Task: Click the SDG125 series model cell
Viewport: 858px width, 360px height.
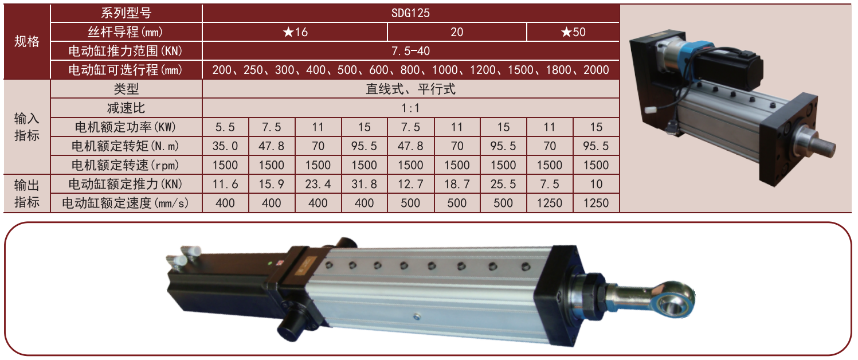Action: [x=410, y=13]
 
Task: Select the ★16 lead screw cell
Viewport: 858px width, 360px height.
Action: [x=295, y=32]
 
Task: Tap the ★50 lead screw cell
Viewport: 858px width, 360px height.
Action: [x=573, y=32]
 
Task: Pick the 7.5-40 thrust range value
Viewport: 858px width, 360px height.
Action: [x=410, y=51]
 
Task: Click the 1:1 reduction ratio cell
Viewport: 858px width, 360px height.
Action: [x=410, y=108]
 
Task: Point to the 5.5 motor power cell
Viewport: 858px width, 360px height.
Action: [x=225, y=127]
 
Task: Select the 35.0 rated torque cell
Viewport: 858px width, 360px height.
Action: [x=225, y=146]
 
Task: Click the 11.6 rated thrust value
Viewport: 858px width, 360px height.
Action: [x=225, y=184]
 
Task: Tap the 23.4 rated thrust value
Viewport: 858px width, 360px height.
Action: [x=318, y=184]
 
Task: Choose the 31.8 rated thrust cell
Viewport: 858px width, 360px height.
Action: [x=365, y=184]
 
